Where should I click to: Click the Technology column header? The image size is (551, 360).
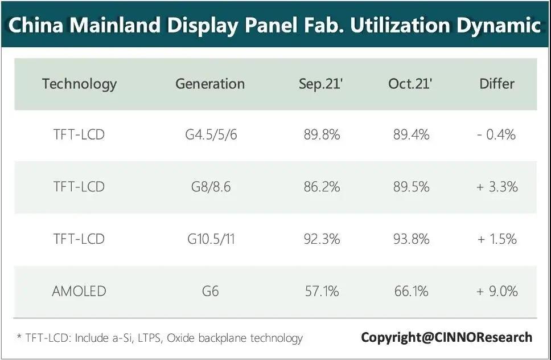pyautogui.click(x=79, y=84)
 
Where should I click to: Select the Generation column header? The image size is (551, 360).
pyautogui.click(x=210, y=84)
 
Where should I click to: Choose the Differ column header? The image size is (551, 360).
pyautogui.click(x=497, y=84)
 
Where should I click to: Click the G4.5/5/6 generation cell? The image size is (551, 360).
pyautogui.click(x=210, y=135)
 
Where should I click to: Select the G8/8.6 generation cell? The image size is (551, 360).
pyautogui.click(x=210, y=187)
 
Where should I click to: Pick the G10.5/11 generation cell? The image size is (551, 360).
pyautogui.click(x=210, y=239)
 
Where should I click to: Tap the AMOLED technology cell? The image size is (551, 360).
pyautogui.click(x=79, y=291)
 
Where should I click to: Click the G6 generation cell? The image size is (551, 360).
pyautogui.click(x=210, y=291)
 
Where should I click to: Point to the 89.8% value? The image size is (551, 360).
pyautogui.click(x=322, y=135)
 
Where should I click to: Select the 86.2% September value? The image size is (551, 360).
pyautogui.click(x=322, y=187)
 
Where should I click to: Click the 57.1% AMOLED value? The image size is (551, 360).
pyautogui.click(x=322, y=291)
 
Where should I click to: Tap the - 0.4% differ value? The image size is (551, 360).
pyautogui.click(x=497, y=135)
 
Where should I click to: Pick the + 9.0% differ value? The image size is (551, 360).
pyautogui.click(x=497, y=291)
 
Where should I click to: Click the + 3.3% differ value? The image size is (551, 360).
pyautogui.click(x=497, y=187)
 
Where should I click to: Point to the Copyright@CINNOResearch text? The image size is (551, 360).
pyautogui.click(x=446, y=337)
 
